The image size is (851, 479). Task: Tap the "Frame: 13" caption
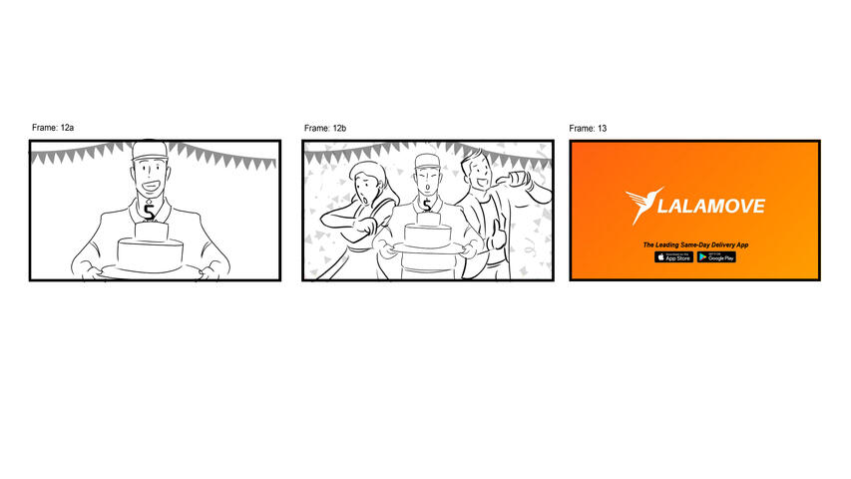point(588,129)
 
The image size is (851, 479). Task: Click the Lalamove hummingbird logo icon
point(640,206)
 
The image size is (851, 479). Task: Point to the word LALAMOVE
point(711,207)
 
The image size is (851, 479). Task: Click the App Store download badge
point(673,256)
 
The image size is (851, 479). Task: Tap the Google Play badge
point(716,256)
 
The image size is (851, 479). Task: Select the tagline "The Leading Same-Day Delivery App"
point(694,244)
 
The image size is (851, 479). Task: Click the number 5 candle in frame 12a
point(150,212)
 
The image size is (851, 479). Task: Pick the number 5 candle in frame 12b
point(427,207)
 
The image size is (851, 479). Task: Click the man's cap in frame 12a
point(150,151)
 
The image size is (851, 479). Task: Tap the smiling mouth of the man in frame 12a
point(151,185)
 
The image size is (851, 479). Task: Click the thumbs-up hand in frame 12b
point(496,238)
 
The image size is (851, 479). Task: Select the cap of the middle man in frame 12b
point(427,163)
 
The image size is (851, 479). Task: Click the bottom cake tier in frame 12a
point(150,254)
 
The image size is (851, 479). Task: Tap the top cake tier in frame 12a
point(150,230)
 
